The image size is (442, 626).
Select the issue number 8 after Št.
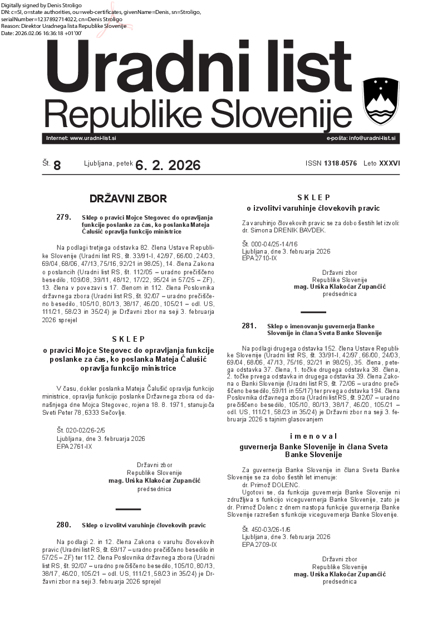pos(57,165)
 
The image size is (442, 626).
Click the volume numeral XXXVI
pos(389,164)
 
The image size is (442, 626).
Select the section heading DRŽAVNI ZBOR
pos(128,198)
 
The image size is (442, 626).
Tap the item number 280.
pos(63,525)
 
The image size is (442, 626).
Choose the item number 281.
pos(249,326)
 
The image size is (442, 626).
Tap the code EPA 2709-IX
pos(259,544)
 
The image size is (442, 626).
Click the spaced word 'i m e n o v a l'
pos(313,436)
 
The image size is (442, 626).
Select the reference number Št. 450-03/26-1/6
pos(270,529)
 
